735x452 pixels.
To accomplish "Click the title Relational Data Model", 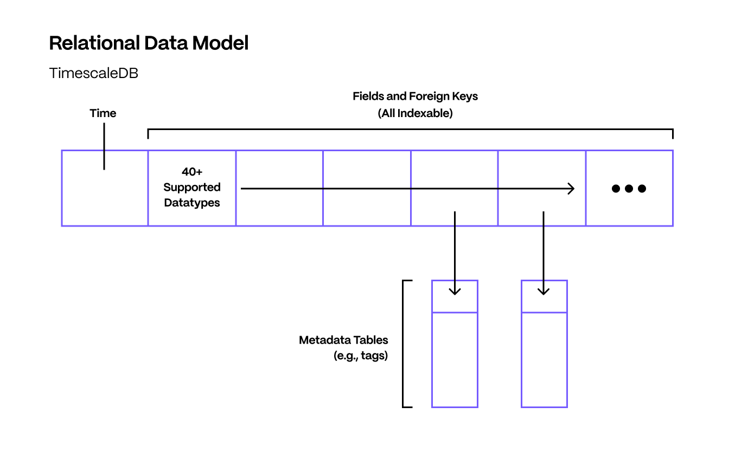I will point(149,43).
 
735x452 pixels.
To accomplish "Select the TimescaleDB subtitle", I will point(93,74).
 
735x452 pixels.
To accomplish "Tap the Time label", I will point(103,113).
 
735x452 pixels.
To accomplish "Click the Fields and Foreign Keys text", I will point(415,96).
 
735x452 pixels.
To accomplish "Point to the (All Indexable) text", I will point(415,114).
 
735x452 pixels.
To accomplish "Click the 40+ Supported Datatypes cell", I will point(192,188).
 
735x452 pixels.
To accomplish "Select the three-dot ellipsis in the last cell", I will point(629,189).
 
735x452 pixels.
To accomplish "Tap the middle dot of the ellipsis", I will point(629,189).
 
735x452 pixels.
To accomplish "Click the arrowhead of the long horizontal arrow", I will point(571,189).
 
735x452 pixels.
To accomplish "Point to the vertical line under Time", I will point(104,146).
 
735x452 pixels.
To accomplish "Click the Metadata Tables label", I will point(343,340).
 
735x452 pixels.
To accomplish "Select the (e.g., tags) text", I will point(360,357).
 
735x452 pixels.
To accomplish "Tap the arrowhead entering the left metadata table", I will point(455,291).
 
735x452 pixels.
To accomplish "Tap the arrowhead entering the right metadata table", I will point(544,291).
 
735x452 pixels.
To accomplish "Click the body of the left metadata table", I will point(455,359).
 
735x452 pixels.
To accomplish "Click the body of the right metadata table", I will point(544,359).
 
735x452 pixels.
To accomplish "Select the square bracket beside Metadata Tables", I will point(404,344).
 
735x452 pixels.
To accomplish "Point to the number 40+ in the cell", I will point(192,172).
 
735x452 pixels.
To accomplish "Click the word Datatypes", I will point(192,203).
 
